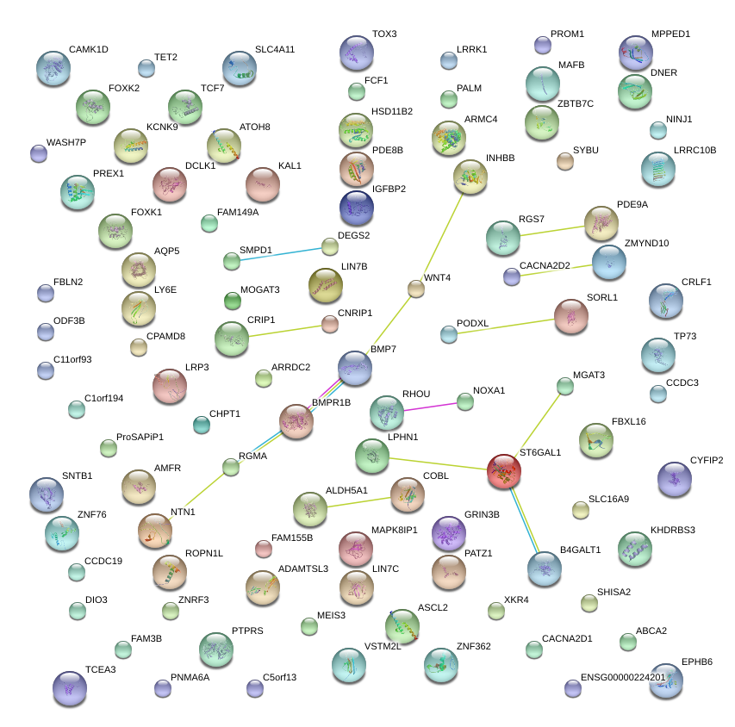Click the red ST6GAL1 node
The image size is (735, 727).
point(504,471)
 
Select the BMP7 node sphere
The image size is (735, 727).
point(355,368)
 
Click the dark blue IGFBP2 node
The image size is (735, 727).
point(357,208)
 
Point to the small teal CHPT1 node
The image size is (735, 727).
point(202,424)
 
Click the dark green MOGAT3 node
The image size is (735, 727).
point(233,301)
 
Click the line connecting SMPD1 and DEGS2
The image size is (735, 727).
point(281,254)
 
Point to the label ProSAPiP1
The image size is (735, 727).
point(140,438)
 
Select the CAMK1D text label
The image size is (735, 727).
point(89,49)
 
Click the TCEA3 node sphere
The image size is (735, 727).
point(70,687)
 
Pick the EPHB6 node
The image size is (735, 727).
point(665,680)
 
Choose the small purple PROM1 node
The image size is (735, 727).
point(542,45)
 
